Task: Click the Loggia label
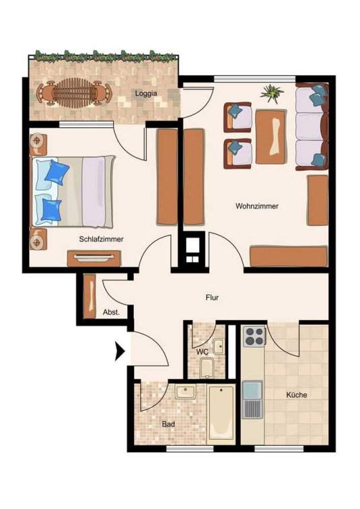pyautogui.click(x=146, y=94)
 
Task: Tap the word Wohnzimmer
pyautogui.click(x=257, y=206)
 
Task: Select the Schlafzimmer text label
pyautogui.click(x=102, y=239)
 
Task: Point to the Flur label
pyautogui.click(x=212, y=297)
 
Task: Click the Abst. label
pyautogui.click(x=111, y=313)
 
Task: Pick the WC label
pyautogui.click(x=202, y=352)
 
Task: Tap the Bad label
pyautogui.click(x=168, y=424)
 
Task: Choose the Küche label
pyautogui.click(x=297, y=395)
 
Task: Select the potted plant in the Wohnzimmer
pyautogui.click(x=272, y=93)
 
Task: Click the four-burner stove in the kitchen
pyautogui.click(x=254, y=336)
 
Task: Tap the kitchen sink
pyautogui.click(x=253, y=399)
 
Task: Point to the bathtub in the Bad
pyautogui.click(x=221, y=413)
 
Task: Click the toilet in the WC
pyautogui.click(x=206, y=368)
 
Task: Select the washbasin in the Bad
pyautogui.click(x=185, y=391)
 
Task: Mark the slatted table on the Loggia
pyautogui.click(x=74, y=93)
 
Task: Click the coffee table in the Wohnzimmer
pyautogui.click(x=271, y=137)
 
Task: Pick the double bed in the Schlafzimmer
pyautogui.click(x=73, y=192)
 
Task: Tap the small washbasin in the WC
pyautogui.click(x=218, y=347)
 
